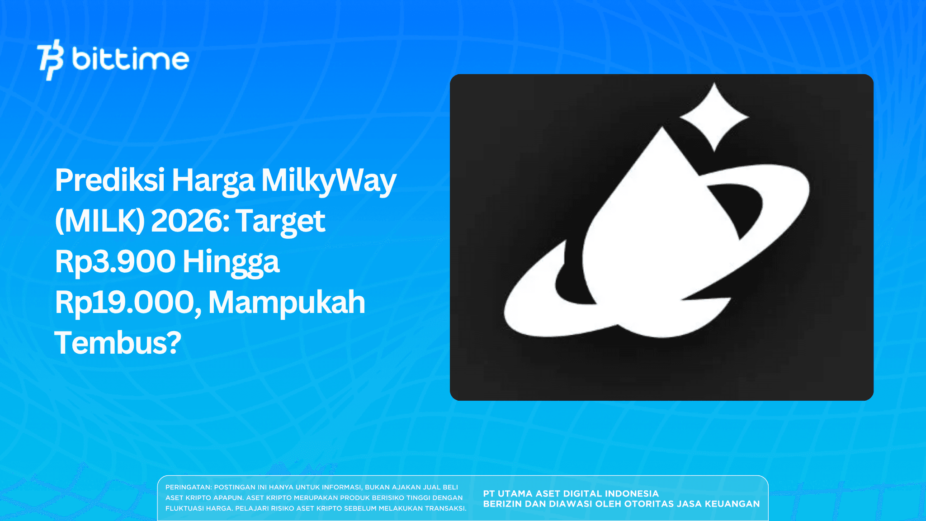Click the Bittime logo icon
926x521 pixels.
click(x=50, y=59)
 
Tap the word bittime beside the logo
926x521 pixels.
click(x=131, y=59)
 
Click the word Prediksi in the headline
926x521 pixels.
click(x=110, y=180)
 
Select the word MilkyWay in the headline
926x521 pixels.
click(x=329, y=180)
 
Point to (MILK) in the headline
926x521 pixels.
click(x=100, y=221)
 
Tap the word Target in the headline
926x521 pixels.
click(x=281, y=221)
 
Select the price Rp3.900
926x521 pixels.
click(x=115, y=262)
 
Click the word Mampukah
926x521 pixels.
click(x=287, y=303)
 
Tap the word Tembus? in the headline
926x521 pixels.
click(x=118, y=343)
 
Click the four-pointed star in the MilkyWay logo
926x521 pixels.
click(x=714, y=117)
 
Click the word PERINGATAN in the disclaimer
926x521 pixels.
click(x=188, y=487)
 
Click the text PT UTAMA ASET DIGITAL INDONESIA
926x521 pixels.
click(x=571, y=493)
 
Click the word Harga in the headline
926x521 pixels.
click(x=213, y=180)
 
